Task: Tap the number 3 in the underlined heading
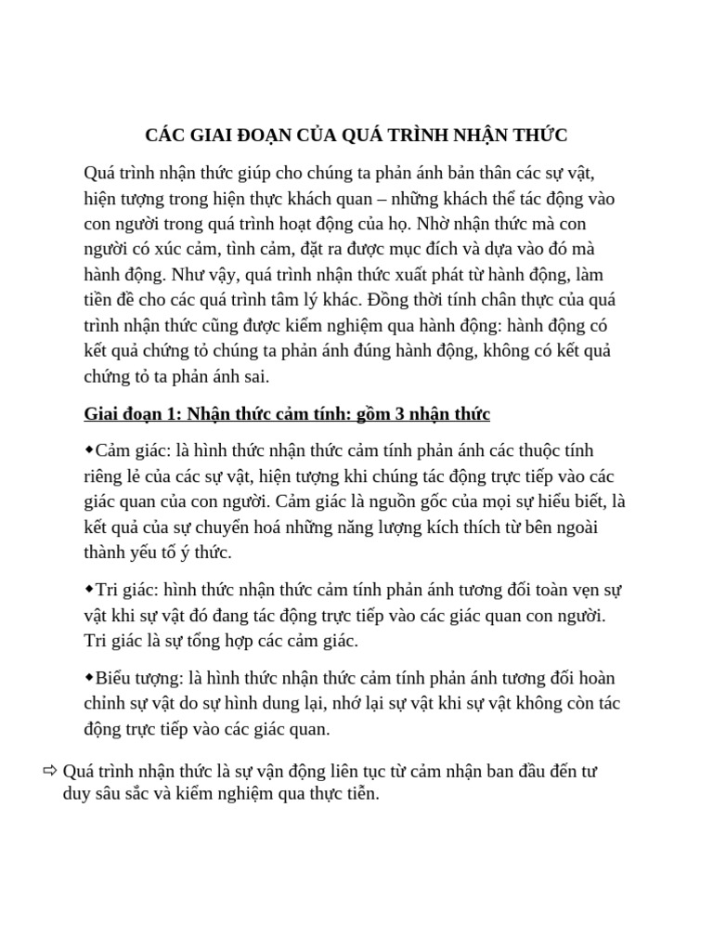click(377, 413)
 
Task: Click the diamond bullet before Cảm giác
click(89, 449)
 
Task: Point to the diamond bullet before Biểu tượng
click(89, 677)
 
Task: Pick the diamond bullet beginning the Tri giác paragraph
click(89, 589)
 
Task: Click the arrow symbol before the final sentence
click(49, 770)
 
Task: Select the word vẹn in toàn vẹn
click(564, 590)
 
